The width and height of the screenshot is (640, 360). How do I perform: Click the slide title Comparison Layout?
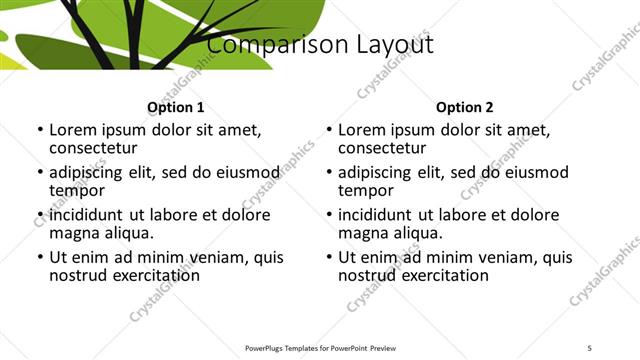[320, 45]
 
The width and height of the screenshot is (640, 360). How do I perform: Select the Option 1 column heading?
[175, 107]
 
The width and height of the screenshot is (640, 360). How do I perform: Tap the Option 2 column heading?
[464, 107]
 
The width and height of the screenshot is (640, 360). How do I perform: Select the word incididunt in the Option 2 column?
[383, 215]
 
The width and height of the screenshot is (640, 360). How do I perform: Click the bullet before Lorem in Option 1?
[39, 131]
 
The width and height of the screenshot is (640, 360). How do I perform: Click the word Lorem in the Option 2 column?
[362, 130]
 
